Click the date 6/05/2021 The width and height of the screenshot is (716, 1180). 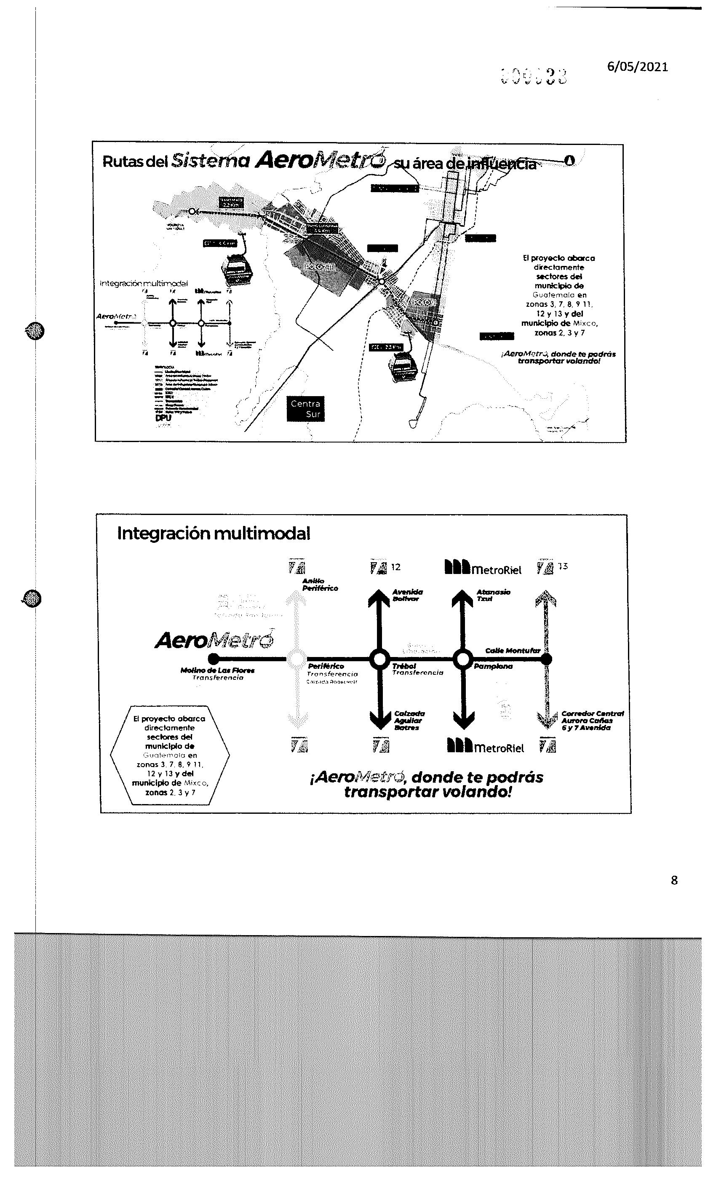click(x=637, y=67)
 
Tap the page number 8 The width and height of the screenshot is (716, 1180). click(x=674, y=880)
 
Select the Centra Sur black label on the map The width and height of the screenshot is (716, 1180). click(x=305, y=408)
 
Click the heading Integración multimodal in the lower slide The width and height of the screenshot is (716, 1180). click(x=214, y=534)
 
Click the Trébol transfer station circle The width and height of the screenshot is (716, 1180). click(x=379, y=659)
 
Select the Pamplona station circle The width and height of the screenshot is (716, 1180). click(x=462, y=659)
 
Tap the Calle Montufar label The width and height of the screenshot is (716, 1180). click(x=512, y=650)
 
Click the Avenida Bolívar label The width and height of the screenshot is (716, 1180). click(x=407, y=595)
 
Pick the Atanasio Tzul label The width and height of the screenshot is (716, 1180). click(x=493, y=595)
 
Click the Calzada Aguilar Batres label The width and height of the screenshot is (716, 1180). click(x=409, y=720)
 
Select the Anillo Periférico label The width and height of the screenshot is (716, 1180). click(x=320, y=584)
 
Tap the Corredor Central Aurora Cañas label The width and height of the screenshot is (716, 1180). click(x=592, y=720)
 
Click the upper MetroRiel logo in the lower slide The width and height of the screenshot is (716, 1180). click(x=483, y=568)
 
